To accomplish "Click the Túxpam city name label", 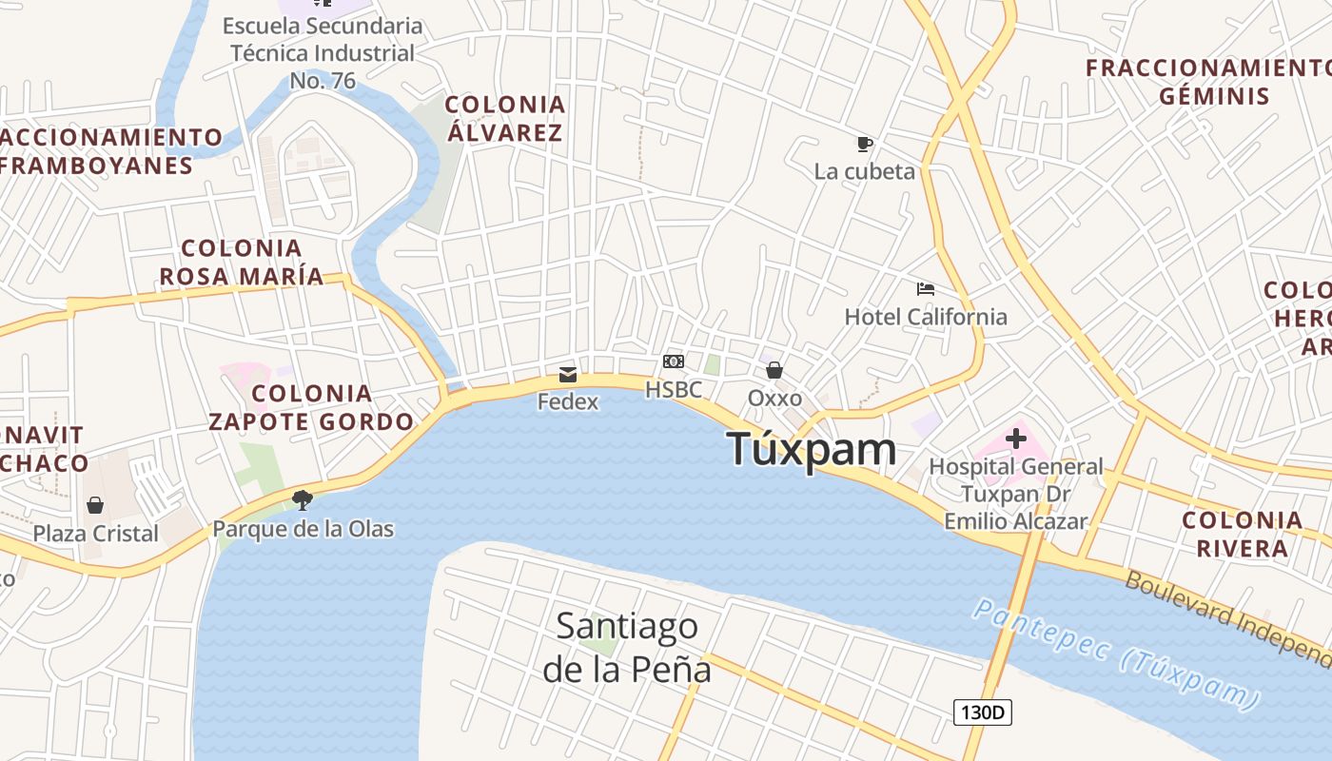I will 811,449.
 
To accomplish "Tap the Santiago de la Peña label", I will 627,647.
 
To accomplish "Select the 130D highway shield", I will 982,712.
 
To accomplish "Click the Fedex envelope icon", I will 568,374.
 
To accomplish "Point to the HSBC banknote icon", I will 674,361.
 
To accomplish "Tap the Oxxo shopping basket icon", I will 774,370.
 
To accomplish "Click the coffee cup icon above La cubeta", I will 864,144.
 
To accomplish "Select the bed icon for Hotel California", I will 926,288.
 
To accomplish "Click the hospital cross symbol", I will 1016,439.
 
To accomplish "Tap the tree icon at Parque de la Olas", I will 303,499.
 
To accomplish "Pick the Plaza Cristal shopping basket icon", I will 95,505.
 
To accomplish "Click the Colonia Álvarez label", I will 505,118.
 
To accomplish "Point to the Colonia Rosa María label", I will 242,263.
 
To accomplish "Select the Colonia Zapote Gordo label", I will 311,407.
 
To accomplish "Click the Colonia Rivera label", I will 1242,534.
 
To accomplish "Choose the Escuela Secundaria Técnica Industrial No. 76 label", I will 323,52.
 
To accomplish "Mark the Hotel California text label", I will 926,317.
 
